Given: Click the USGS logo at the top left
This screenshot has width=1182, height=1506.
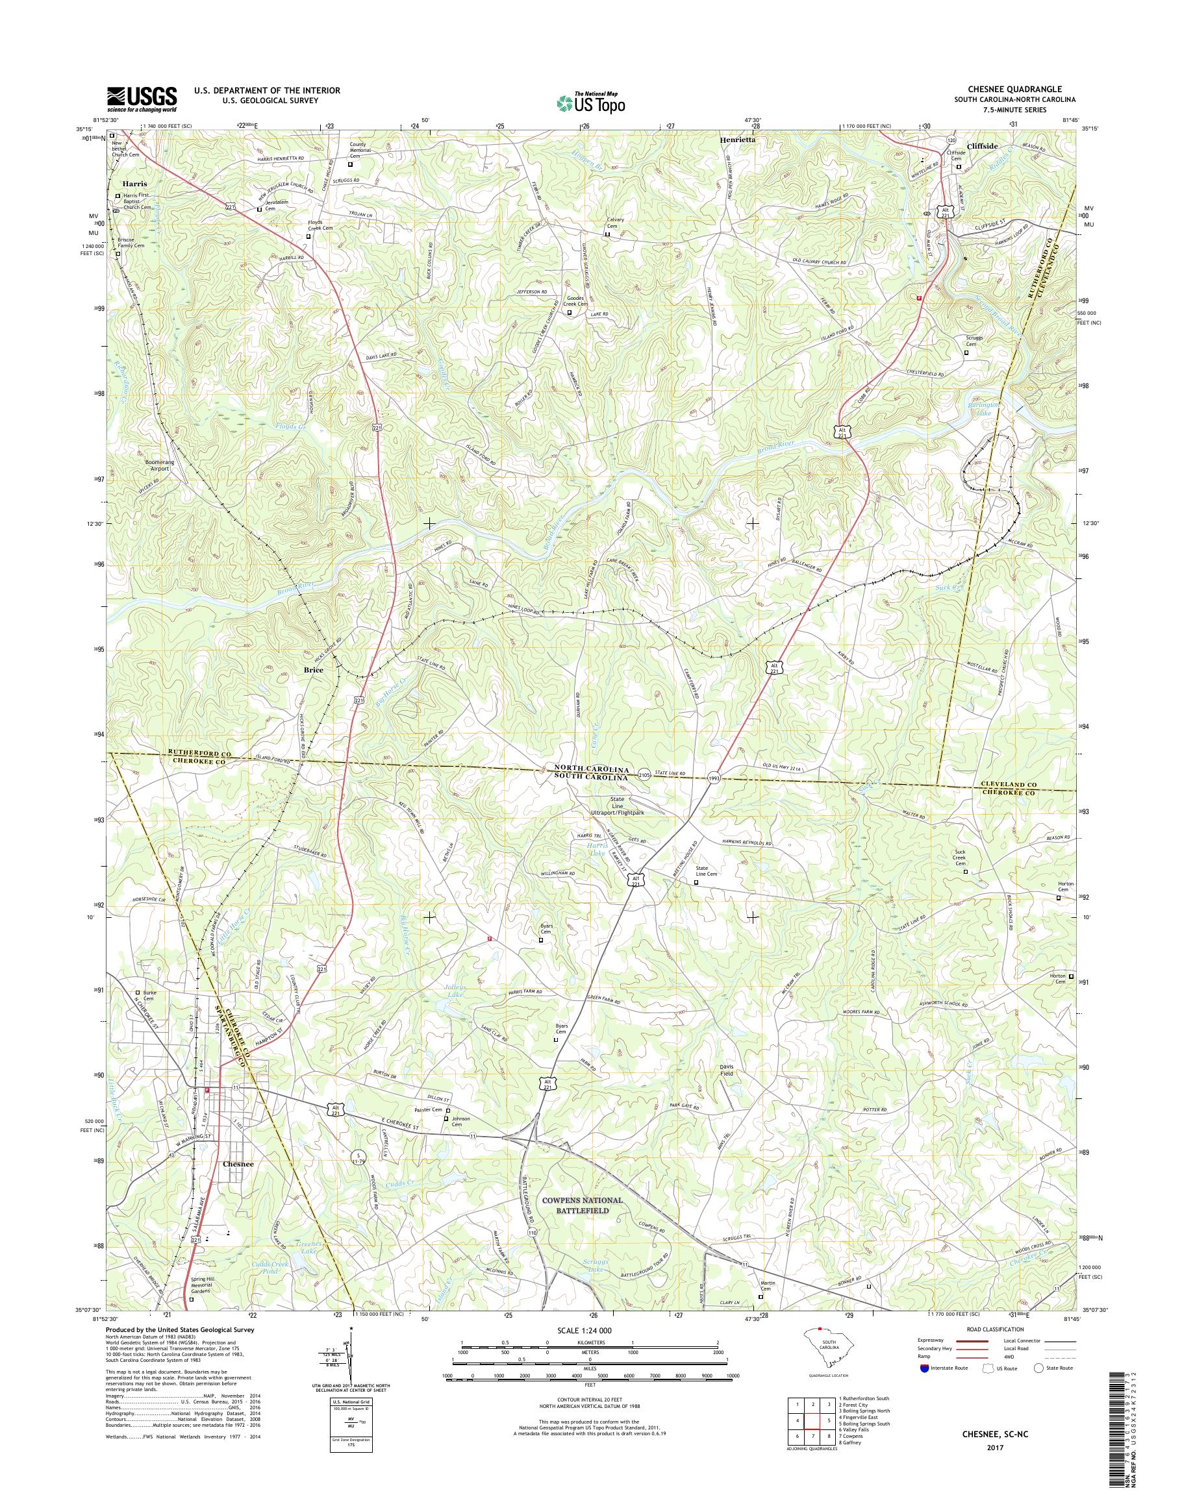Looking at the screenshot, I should click(142, 99).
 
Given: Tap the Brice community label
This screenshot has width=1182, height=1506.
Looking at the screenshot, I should click(314, 670).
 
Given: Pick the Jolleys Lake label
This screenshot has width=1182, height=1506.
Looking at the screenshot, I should click(454, 991).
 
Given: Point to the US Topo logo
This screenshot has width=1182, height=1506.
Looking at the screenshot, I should click(590, 103).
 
